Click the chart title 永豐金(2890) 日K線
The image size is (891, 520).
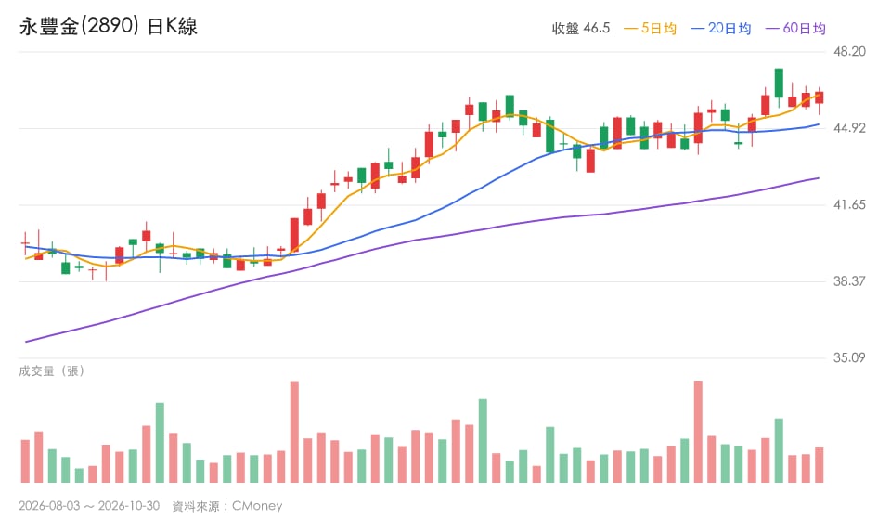point(109,26)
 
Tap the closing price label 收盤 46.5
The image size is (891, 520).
point(581,29)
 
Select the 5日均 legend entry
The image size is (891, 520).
point(650,29)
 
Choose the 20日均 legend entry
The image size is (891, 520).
point(720,29)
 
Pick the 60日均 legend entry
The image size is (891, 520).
point(795,29)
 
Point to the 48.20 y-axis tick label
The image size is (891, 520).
point(849,52)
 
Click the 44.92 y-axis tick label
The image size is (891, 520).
point(849,128)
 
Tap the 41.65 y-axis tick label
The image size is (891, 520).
point(849,204)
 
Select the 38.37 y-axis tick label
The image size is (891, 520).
point(849,281)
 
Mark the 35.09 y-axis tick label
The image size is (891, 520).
point(849,358)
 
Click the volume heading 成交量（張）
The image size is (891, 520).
point(52,371)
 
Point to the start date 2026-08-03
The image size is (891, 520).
point(49,506)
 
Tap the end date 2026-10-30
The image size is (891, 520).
point(129,506)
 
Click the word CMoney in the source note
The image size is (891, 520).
point(257,506)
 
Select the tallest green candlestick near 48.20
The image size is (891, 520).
point(779,83)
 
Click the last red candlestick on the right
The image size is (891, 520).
point(819,97)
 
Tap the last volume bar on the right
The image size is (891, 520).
point(819,465)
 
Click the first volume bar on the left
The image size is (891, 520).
point(25,461)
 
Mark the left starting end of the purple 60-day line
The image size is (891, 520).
point(26,342)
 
